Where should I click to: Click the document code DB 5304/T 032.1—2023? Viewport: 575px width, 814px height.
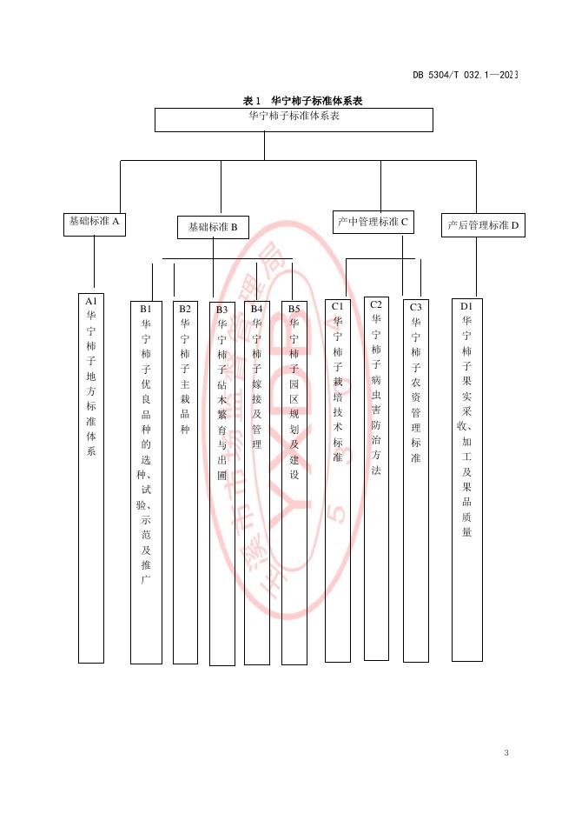[x=465, y=76]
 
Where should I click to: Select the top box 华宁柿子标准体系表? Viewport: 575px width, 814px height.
[x=294, y=119]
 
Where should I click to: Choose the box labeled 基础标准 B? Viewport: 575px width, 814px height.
[x=213, y=228]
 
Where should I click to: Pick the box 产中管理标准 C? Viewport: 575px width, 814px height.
[x=373, y=223]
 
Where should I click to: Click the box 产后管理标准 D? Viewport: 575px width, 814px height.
[x=482, y=225]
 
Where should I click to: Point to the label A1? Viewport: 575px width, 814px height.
[x=91, y=301]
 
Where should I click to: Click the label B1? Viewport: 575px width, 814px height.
[x=146, y=308]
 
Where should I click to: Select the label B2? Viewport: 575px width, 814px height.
[x=185, y=308]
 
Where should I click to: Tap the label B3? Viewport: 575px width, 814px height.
[x=222, y=309]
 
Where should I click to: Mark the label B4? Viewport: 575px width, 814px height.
[x=256, y=308]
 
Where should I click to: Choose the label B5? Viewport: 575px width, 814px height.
[x=294, y=308]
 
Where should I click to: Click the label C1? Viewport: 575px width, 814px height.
[x=338, y=306]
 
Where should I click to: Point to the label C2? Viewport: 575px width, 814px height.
[x=376, y=304]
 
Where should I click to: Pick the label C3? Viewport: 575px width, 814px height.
[x=416, y=307]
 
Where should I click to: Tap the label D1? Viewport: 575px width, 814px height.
[x=466, y=306]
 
